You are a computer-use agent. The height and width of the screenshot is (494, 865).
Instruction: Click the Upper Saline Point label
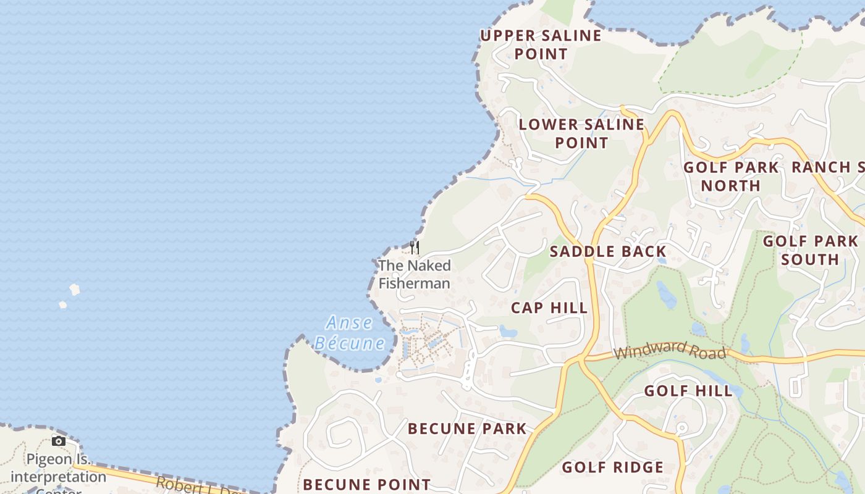point(541,44)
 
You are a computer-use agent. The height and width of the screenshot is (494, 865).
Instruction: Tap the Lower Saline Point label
point(581,133)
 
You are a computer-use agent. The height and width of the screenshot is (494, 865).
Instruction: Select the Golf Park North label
point(731,176)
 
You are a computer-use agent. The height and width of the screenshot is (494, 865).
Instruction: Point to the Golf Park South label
point(810,249)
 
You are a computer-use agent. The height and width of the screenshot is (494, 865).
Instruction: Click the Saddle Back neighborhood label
point(608,251)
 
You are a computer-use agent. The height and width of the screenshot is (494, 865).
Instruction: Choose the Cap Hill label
point(549,308)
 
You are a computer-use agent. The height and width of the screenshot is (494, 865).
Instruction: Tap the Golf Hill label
point(688,390)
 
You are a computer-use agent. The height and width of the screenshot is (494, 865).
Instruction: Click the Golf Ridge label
point(612,467)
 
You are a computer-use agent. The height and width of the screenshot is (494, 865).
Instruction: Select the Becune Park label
point(467,429)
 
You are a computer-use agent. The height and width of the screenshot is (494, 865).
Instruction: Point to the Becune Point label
point(366,484)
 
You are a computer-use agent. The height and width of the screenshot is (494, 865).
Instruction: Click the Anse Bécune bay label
point(350,333)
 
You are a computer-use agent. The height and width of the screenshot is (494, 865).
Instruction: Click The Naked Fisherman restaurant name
point(414,274)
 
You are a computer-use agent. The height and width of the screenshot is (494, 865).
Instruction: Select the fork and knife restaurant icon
point(415,248)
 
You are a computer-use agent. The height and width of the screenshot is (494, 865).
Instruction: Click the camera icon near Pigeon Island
point(59,441)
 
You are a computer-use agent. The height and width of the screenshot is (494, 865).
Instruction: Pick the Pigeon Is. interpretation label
point(58,469)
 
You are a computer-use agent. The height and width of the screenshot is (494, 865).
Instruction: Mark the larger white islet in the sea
point(75,289)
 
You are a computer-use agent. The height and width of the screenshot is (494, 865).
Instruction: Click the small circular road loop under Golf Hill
point(682,427)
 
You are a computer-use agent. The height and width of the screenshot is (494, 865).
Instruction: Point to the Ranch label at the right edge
point(828,167)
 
